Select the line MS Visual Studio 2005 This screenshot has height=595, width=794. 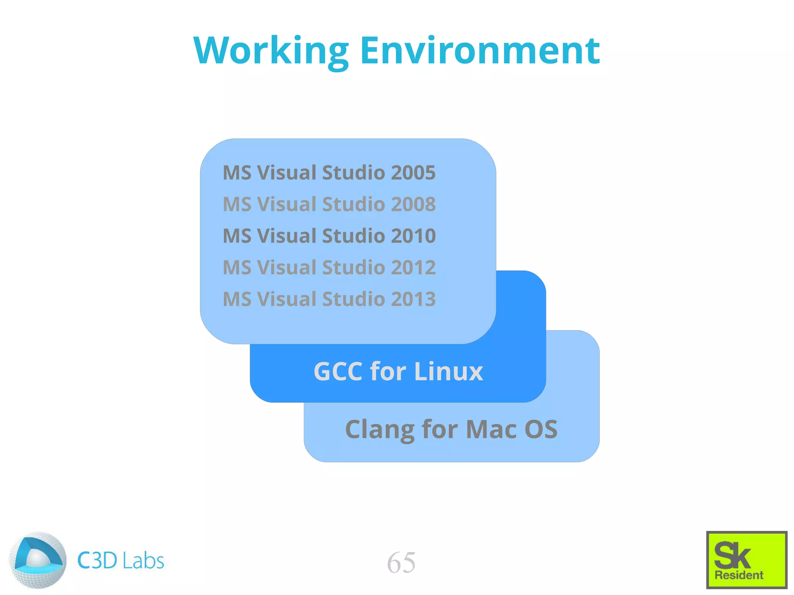click(x=329, y=173)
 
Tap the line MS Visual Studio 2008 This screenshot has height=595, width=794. click(x=329, y=204)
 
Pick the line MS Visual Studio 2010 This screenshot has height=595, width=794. click(x=329, y=236)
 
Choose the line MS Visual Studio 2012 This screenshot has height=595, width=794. click(x=329, y=268)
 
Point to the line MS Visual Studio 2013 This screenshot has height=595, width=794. click(x=329, y=299)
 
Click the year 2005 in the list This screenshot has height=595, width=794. click(x=413, y=173)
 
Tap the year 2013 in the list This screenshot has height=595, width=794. click(x=413, y=299)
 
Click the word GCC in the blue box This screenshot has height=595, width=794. click(x=338, y=371)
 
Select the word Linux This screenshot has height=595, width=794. click(x=449, y=371)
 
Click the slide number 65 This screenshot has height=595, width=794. click(x=401, y=562)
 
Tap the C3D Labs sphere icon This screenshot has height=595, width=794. click(x=38, y=560)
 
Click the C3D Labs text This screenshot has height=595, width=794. click(x=121, y=561)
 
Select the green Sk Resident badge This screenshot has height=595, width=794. click(x=746, y=560)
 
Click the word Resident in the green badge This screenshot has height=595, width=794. click(x=739, y=575)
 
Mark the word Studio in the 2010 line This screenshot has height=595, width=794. click(x=354, y=236)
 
